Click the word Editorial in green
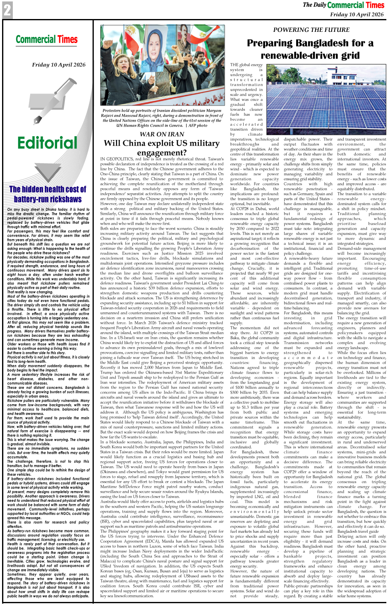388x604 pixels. (x=48, y=143)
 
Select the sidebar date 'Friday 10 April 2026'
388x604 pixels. (x=59, y=65)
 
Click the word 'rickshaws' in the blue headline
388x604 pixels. (x=61, y=199)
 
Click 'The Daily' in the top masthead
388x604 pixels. (x=314, y=5)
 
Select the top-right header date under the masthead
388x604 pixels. (x=357, y=14)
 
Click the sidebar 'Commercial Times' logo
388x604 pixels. (x=47, y=40)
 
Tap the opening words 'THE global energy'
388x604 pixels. (x=246, y=65)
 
